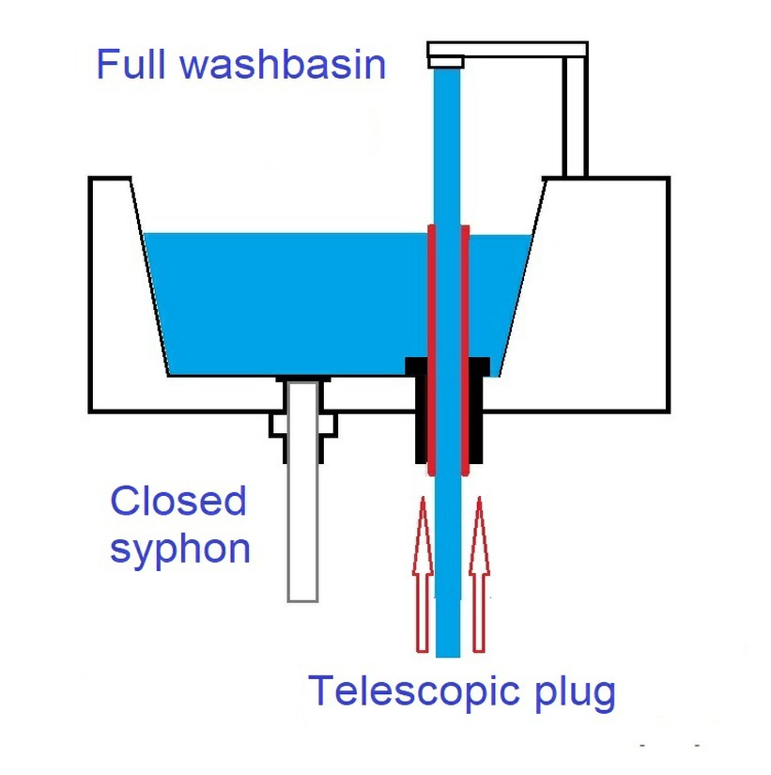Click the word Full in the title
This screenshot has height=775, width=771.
tap(131, 65)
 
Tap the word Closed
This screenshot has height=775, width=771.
tap(178, 502)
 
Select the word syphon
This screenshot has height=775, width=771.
tap(180, 548)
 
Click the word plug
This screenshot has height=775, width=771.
tap(569, 695)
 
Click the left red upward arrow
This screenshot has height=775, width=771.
tap(423, 573)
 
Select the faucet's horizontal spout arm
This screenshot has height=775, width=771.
tap(507, 49)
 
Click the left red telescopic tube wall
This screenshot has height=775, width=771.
tap(431, 348)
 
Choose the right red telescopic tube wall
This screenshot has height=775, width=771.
tap(464, 348)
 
